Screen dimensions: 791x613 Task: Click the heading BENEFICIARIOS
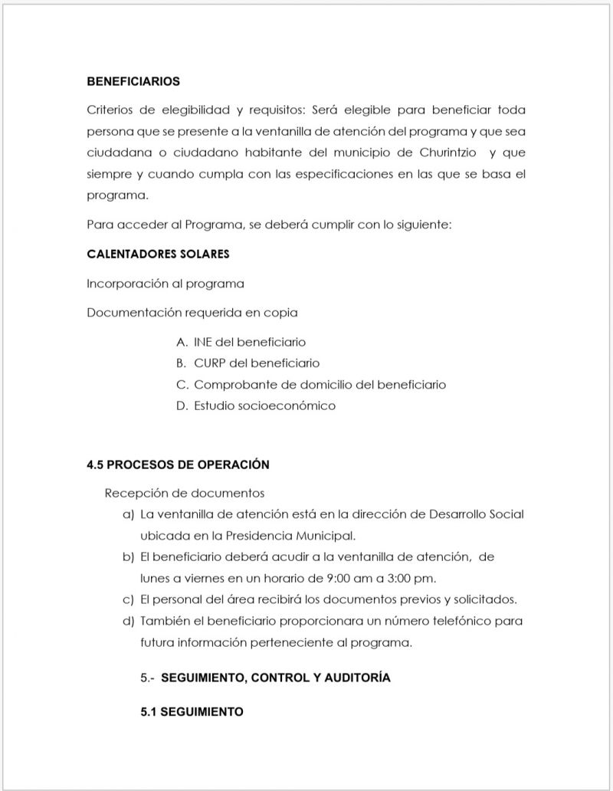pyautogui.click(x=133, y=80)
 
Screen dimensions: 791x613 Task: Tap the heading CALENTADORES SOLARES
pyautogui.click(x=158, y=254)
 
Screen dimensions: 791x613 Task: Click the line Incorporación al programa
pyautogui.click(x=166, y=284)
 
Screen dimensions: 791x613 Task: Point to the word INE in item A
pyautogui.click(x=203, y=342)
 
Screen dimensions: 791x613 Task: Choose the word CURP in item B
pyautogui.click(x=209, y=363)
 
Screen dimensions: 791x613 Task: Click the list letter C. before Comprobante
pyautogui.click(x=182, y=385)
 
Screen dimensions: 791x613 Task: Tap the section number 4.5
pyautogui.click(x=96, y=464)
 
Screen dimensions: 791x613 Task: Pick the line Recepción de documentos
pyautogui.click(x=184, y=493)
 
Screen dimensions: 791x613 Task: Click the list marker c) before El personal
pyautogui.click(x=128, y=599)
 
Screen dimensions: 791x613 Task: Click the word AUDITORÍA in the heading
pyautogui.click(x=353, y=678)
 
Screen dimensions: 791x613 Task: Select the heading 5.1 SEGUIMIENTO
pyautogui.click(x=192, y=711)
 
